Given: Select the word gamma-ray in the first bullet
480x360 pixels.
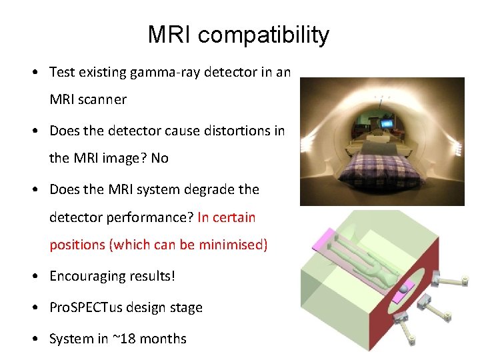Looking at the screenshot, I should (170, 72).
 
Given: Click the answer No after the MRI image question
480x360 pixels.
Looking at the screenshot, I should (160, 159).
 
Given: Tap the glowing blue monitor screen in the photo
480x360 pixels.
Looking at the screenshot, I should (387, 123).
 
